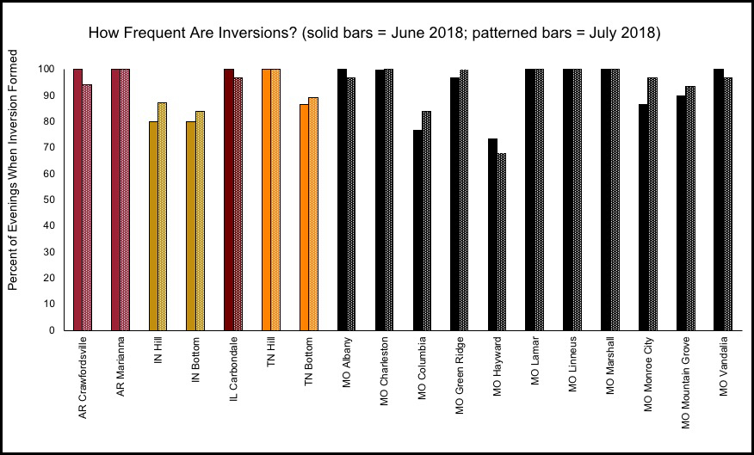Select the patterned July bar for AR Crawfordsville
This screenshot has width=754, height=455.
coord(87,207)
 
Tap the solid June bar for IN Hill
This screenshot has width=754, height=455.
coord(153,225)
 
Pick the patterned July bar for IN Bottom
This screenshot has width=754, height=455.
coord(200,220)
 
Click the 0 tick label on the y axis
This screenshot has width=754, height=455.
coord(53,330)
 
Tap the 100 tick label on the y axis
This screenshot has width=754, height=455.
coord(49,69)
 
